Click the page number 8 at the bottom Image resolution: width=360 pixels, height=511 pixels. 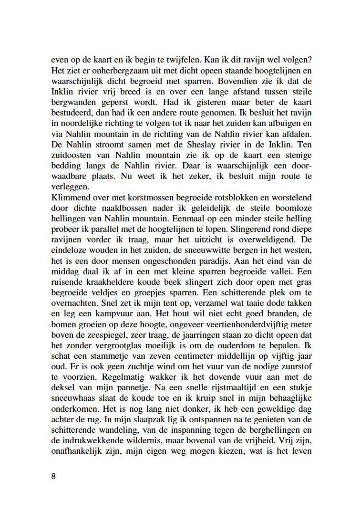53,476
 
